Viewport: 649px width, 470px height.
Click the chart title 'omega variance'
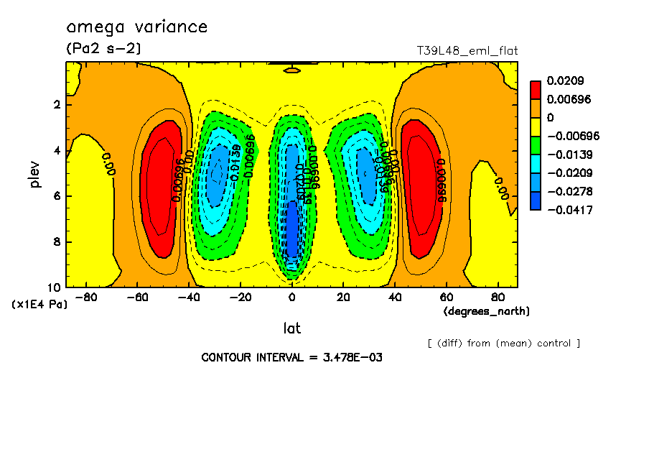coord(136,27)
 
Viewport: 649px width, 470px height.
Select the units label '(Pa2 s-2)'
coord(103,49)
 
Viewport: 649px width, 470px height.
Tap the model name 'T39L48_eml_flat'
coord(467,50)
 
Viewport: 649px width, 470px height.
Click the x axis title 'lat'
coord(291,328)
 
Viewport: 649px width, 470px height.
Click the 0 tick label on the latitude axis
coord(291,296)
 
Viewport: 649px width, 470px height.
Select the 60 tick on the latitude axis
coord(445,296)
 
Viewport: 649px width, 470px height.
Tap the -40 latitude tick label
coord(189,296)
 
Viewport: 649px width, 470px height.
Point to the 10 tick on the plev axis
coord(56,287)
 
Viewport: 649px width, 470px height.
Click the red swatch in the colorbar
coord(535,90)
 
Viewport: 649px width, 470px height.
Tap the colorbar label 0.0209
coord(566,81)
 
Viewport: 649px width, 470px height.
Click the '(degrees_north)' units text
coord(487,311)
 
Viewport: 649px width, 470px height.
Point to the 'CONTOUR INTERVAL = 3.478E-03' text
coord(291,358)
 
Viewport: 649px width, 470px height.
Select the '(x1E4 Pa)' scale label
coord(40,305)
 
